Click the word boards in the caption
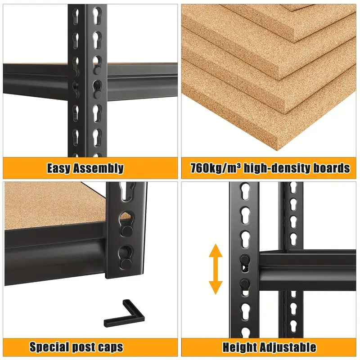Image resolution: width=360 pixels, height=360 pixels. pos(327,168)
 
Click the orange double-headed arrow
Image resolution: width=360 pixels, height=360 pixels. pos(216,269)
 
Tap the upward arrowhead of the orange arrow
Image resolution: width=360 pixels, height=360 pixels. pos(216,250)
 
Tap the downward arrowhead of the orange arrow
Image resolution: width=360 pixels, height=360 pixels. pos(216,288)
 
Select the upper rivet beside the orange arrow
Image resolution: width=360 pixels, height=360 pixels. pos(244,260)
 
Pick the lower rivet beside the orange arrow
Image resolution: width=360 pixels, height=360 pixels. pos(244,283)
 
